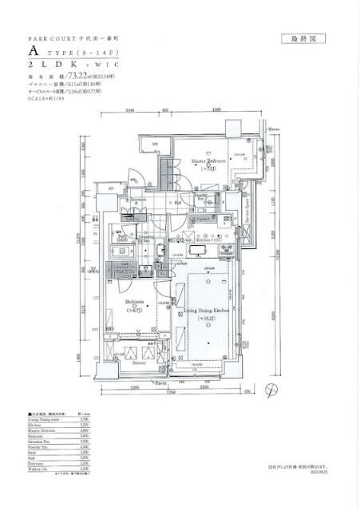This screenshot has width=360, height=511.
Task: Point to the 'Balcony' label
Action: (x=140, y=362)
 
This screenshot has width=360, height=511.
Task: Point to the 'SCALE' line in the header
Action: (x=48, y=99)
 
